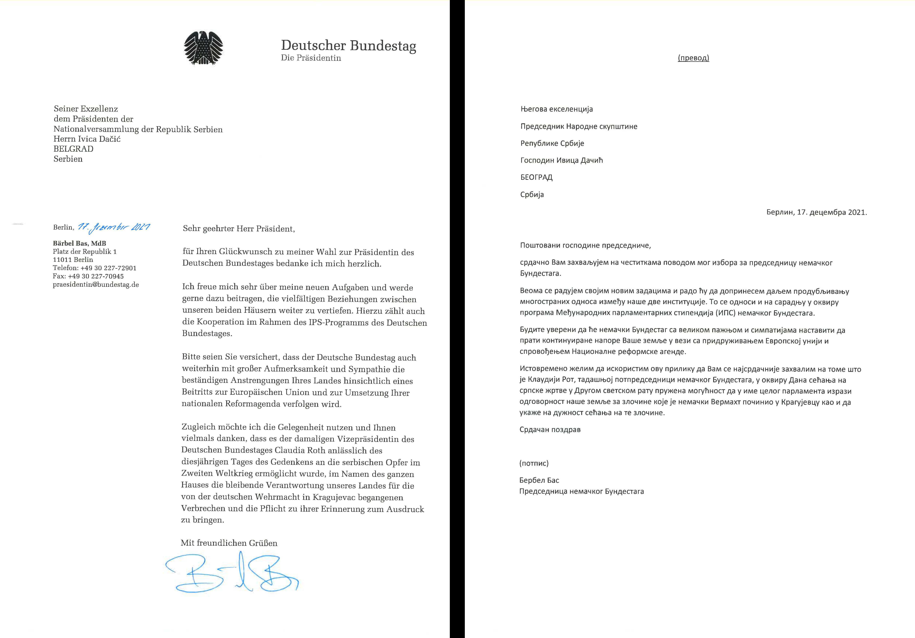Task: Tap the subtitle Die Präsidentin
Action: point(311,58)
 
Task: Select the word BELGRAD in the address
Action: point(73,149)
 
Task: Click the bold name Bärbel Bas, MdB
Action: point(79,243)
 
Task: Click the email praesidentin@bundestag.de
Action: point(96,285)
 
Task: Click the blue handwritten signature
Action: point(231,573)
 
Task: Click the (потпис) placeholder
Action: point(534,463)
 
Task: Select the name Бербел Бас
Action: point(539,480)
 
